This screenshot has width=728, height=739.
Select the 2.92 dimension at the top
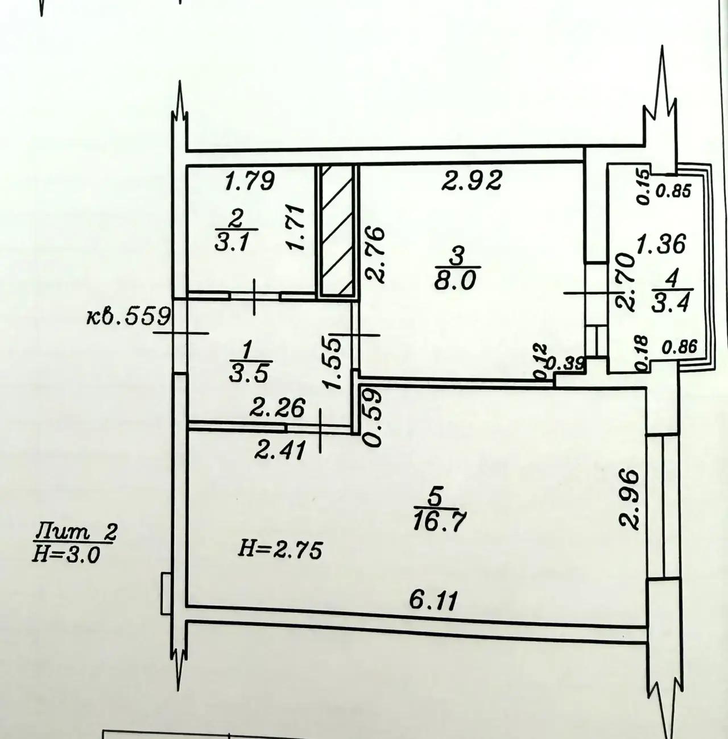point(472,180)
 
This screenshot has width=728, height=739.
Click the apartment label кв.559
point(129,317)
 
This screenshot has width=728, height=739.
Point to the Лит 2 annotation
point(76,532)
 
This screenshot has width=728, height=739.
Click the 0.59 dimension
point(372,418)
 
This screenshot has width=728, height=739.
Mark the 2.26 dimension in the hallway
point(278,407)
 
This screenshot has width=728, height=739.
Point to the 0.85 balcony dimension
point(673,190)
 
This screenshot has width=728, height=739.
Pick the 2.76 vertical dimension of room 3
point(374,255)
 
